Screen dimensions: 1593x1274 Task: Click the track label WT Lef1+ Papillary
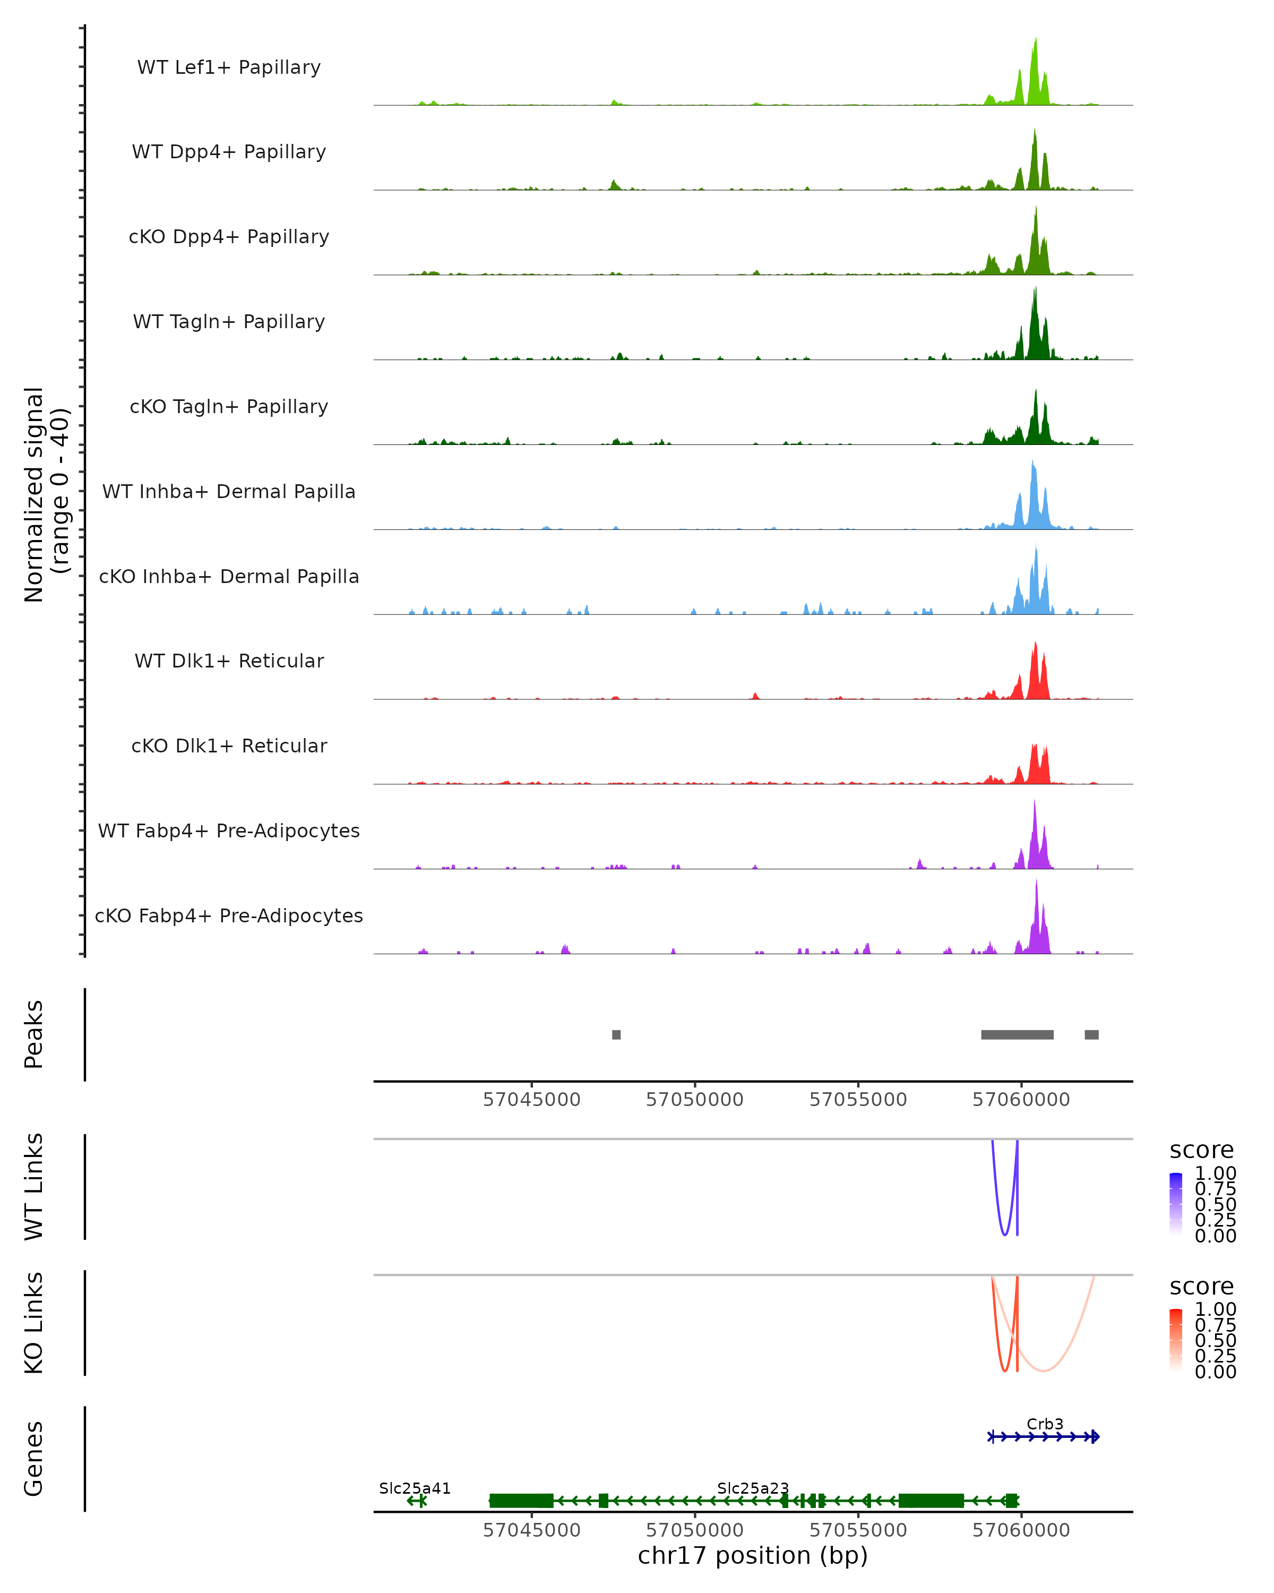coord(229,67)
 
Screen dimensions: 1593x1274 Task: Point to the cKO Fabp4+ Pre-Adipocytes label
coord(229,915)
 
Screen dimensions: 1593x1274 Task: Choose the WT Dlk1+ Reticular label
coord(229,661)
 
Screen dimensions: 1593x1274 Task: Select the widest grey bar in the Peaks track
coord(1017,1034)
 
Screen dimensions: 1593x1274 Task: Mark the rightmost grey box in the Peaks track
coord(1091,1034)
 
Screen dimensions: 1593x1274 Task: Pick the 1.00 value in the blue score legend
coord(1215,1174)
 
